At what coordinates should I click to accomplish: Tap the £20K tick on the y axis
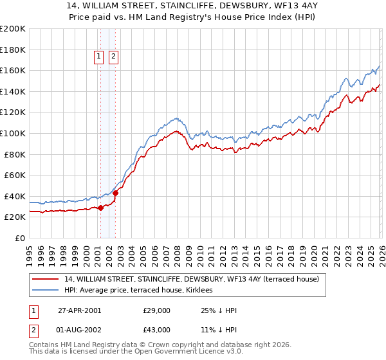tap(15, 217)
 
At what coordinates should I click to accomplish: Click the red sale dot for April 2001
tap(101, 208)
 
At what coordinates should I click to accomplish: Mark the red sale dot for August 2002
tap(115, 193)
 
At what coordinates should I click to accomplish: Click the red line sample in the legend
tap(46, 279)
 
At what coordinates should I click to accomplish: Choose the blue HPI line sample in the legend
tap(46, 291)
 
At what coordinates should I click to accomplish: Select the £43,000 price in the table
tap(157, 330)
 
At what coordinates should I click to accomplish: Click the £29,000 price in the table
tap(157, 310)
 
